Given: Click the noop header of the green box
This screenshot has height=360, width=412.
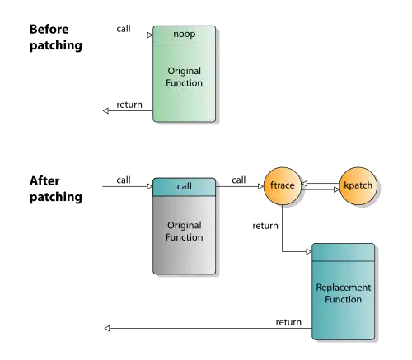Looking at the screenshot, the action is pos(184,35).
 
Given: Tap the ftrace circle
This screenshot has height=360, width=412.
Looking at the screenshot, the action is pos(283,186).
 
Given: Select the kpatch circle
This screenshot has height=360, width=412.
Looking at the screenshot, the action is pos(358,186).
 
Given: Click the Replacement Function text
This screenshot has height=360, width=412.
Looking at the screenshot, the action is pos(344,293).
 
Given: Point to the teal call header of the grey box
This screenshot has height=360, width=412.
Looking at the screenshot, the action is pos(184,187).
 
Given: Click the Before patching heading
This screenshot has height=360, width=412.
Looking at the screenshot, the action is pos(56,37).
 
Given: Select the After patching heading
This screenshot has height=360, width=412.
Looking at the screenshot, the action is pos(56,189).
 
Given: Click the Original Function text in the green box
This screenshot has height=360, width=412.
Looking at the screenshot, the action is pos(184,77).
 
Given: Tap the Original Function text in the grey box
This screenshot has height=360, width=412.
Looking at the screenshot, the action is pos(184,231).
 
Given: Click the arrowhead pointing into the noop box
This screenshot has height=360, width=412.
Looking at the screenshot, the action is pos(150,35).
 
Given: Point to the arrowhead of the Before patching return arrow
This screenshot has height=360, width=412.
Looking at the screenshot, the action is pos(105,110).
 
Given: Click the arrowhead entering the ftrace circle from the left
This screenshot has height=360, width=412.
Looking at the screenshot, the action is pos(260,187).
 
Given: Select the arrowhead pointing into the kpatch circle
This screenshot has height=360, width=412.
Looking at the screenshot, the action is pos(336,189).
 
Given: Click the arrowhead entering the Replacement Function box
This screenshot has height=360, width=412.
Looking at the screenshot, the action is pos(309,251).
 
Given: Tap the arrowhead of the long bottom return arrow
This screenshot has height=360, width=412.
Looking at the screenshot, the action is pos(107,328).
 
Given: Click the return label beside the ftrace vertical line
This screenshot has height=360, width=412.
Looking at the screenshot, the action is pos(265,226).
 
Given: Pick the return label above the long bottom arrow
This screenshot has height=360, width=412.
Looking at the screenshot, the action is pos(288,322).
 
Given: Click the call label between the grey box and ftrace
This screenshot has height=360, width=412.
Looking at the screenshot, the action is pos(239,180).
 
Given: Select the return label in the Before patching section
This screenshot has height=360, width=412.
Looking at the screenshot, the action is pos(129,105).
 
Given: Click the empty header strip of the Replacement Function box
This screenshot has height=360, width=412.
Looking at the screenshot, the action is pos(344,252).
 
